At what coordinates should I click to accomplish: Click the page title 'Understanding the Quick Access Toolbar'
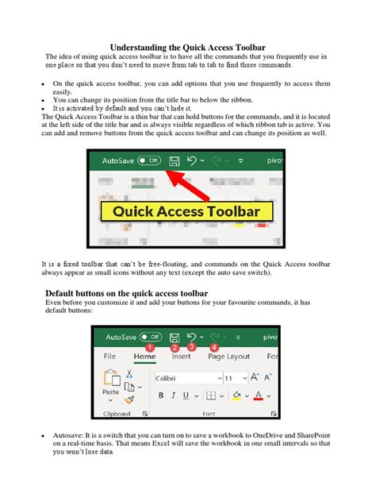[x=187, y=48]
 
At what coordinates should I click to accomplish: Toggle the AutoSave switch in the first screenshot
[x=149, y=160]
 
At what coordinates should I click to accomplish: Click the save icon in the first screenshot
[x=173, y=160]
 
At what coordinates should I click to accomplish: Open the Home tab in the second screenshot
[x=144, y=357]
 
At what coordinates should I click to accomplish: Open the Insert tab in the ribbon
[x=181, y=357]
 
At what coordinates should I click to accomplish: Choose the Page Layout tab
[x=228, y=357]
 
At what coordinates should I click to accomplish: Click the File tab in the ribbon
[x=109, y=357]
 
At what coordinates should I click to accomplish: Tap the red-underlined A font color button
[x=259, y=396]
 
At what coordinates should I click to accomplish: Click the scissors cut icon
[x=129, y=373]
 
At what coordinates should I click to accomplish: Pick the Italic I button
[x=172, y=396]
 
